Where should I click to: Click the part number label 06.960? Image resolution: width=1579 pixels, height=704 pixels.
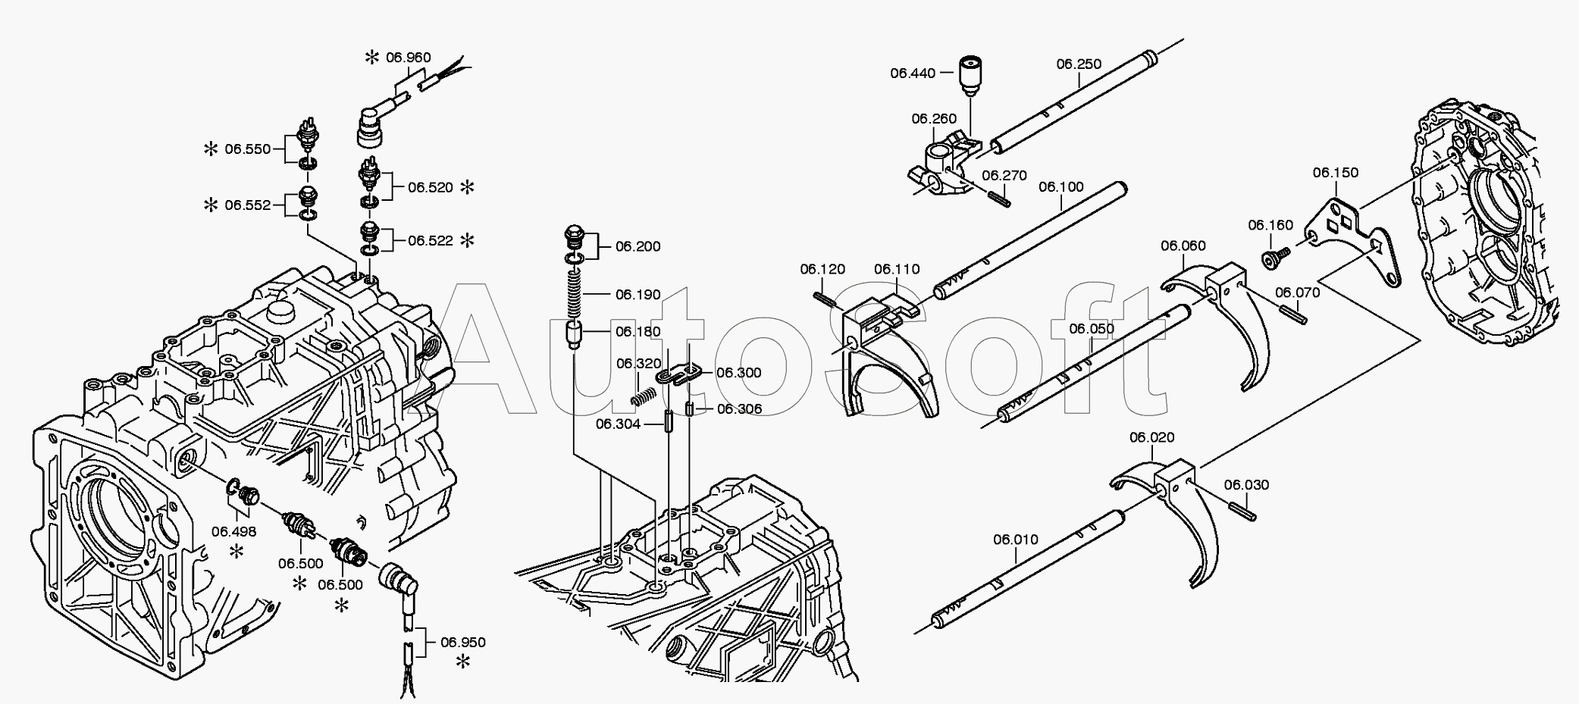pos(408,57)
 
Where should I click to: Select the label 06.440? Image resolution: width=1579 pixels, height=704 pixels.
pos(913,73)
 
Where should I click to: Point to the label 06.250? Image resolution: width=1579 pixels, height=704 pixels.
pos(1079,64)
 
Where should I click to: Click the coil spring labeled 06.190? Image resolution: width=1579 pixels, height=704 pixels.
pos(576,293)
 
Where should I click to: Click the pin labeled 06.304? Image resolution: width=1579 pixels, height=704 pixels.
pos(669,421)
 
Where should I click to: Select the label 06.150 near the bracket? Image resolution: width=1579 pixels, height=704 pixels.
pos(1336,173)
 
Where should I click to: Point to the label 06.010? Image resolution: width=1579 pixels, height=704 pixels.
pos(1016,540)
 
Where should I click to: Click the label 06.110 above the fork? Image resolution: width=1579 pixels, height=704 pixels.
pos(896,269)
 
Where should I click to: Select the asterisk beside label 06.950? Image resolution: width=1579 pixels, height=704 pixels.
pos(462,662)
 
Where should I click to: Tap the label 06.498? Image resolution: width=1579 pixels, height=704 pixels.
pos(233,531)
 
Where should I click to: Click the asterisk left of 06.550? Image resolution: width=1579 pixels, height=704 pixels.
pos(211,149)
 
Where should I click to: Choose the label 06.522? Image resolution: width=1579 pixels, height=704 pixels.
pos(430,240)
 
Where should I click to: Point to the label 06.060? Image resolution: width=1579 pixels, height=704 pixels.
pos(1183,246)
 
